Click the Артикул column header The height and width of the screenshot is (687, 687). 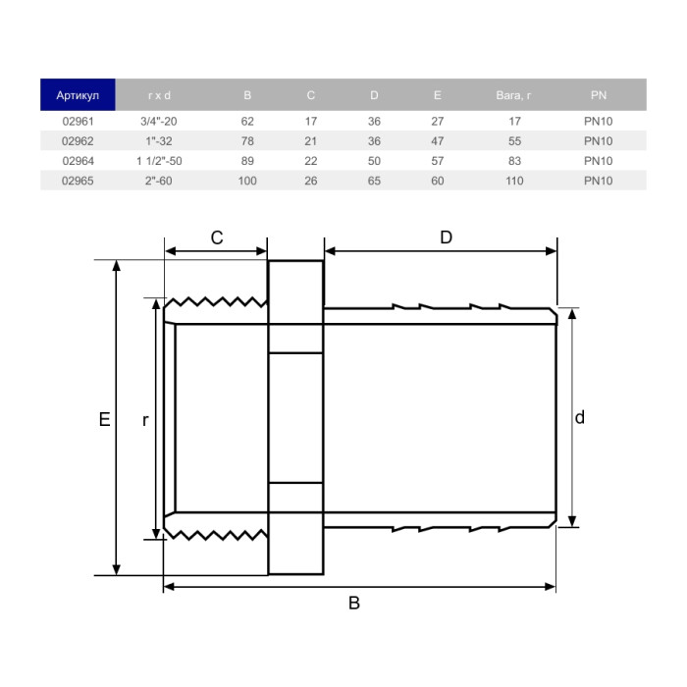pyautogui.click(x=78, y=95)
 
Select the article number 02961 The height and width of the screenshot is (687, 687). pyautogui.click(x=78, y=121)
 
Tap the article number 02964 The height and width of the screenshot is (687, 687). pyautogui.click(x=78, y=161)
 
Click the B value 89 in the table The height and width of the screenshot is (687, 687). pyautogui.click(x=247, y=161)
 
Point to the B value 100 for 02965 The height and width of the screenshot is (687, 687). pyautogui.click(x=247, y=181)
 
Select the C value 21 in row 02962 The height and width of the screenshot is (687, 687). pyautogui.click(x=310, y=141)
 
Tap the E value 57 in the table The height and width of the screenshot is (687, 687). pyautogui.click(x=437, y=161)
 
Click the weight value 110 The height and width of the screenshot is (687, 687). pyautogui.click(x=514, y=181)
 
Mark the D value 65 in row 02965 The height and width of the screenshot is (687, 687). pyautogui.click(x=374, y=181)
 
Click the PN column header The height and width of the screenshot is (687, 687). pyautogui.click(x=598, y=95)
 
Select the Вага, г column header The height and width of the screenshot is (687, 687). pyautogui.click(x=514, y=95)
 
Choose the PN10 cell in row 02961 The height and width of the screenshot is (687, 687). pyautogui.click(x=598, y=121)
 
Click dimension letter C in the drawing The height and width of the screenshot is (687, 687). pyautogui.click(x=217, y=238)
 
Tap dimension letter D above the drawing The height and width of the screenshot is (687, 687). pyautogui.click(x=446, y=238)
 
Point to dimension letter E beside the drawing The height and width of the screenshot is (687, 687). pyautogui.click(x=103, y=419)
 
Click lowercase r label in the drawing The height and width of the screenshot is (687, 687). pyautogui.click(x=144, y=420)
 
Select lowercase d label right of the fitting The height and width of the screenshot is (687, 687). pyautogui.click(x=580, y=417)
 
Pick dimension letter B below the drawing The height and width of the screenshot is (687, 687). pyautogui.click(x=354, y=604)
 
